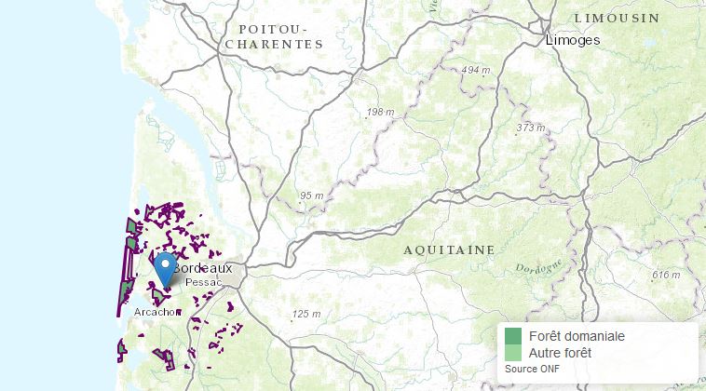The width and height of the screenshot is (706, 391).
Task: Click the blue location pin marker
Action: [x=165, y=267]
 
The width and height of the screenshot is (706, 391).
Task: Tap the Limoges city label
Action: [x=572, y=40]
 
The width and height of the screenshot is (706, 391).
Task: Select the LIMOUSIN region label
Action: [x=616, y=18]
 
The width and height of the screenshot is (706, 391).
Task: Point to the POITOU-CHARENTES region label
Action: [x=274, y=36]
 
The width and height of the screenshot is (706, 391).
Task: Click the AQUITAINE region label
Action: [x=449, y=250]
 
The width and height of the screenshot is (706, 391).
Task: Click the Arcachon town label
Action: [x=156, y=312]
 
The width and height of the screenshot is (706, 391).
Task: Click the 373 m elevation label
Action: [x=530, y=127]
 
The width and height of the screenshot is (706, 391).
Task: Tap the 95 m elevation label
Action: [x=311, y=195]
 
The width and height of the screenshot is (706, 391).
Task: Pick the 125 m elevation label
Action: [x=305, y=314]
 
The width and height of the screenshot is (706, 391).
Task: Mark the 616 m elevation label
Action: [x=666, y=275]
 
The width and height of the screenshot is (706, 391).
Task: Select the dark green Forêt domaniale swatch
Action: [x=513, y=336]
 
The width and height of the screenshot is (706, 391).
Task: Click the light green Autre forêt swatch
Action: [x=513, y=353]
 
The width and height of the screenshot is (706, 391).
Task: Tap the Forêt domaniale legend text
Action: [x=576, y=336]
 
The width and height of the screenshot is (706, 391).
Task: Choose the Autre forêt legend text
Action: [x=559, y=353]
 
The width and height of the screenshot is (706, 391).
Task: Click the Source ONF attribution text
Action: [x=533, y=368]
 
